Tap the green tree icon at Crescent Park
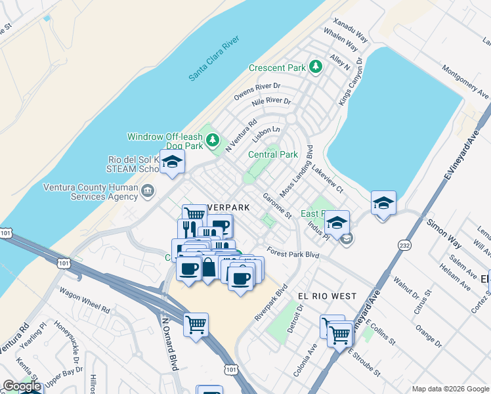(x=316, y=66)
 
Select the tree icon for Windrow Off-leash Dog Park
(x=212, y=139)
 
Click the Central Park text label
(x=272, y=154)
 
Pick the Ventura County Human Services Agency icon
(x=148, y=191)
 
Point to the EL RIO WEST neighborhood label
(x=326, y=296)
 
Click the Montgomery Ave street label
(x=465, y=81)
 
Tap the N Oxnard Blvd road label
(x=169, y=344)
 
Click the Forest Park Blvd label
(x=293, y=250)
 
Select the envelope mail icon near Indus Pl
(x=347, y=239)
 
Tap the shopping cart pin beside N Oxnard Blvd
(x=196, y=324)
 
